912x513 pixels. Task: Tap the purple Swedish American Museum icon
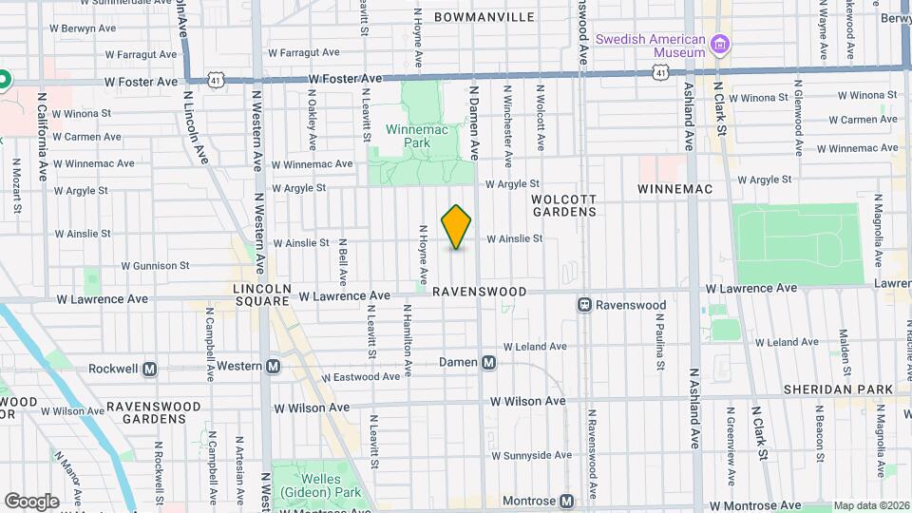720,44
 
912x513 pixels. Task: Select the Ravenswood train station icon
585,305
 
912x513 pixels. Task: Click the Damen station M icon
489,362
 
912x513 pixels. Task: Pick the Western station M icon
274,366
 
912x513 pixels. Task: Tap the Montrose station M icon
566,501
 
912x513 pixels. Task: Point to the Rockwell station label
114,368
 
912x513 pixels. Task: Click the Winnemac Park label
408,136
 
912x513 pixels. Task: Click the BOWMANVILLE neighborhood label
484,17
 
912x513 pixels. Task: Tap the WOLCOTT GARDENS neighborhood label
563,205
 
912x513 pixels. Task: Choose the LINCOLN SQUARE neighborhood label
261,294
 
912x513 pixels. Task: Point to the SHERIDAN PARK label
839,389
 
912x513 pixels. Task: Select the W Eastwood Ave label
360,377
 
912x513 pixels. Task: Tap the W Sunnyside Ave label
538,455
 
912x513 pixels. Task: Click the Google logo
31,501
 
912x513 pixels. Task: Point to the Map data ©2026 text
871,506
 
